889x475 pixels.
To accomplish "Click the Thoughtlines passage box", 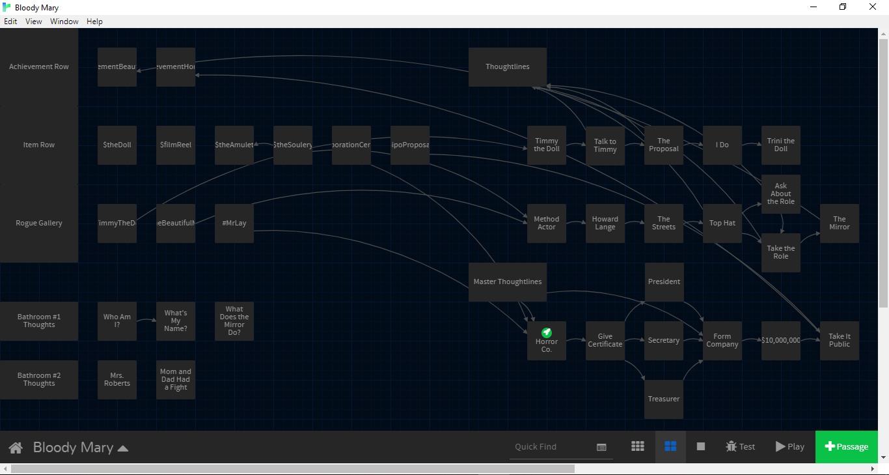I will [x=508, y=66].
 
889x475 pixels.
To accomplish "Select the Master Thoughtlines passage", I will [x=508, y=281].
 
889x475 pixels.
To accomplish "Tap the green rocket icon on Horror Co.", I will [x=547, y=332].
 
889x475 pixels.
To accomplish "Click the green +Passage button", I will [x=846, y=446].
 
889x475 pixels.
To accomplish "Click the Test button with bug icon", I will [x=741, y=446].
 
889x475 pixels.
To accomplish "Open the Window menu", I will [x=64, y=22].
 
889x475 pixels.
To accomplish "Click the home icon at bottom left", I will [x=16, y=448].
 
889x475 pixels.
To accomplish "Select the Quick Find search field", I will [x=553, y=447].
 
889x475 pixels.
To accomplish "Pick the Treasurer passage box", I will [x=664, y=399].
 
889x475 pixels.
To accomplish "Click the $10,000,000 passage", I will [x=781, y=340].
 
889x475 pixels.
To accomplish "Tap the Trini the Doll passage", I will [x=781, y=145].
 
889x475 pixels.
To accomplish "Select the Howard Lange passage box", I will [x=605, y=223].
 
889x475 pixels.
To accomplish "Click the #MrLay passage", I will [x=234, y=223].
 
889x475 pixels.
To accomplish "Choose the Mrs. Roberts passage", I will [x=117, y=379].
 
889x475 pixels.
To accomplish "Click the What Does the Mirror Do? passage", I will [x=234, y=321].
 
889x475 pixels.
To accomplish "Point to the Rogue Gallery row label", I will [x=39, y=223].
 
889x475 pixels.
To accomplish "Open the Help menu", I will [x=94, y=22].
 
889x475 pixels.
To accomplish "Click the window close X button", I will [x=873, y=7].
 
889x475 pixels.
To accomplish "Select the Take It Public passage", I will [x=840, y=340].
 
